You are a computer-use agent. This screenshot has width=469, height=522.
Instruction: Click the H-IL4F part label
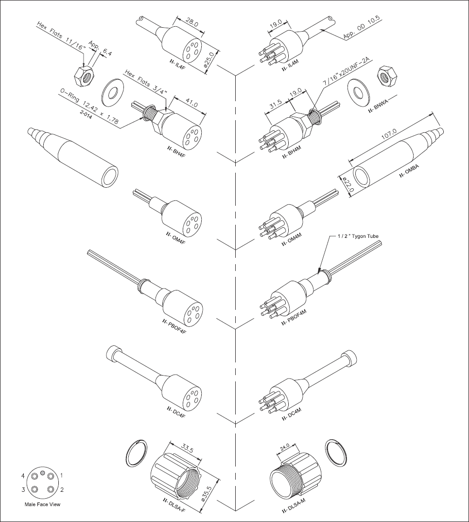177,64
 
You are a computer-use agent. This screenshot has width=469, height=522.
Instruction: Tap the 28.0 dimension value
192,23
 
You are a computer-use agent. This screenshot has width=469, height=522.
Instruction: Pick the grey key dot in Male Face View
42,473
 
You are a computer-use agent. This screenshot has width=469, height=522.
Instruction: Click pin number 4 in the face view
23,476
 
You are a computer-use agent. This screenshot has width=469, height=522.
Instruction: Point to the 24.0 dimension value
285,447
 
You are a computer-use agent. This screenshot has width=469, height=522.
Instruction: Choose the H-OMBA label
409,170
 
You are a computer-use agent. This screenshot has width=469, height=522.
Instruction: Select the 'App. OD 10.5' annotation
363,28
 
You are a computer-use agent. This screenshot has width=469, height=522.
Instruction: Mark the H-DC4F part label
174,412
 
